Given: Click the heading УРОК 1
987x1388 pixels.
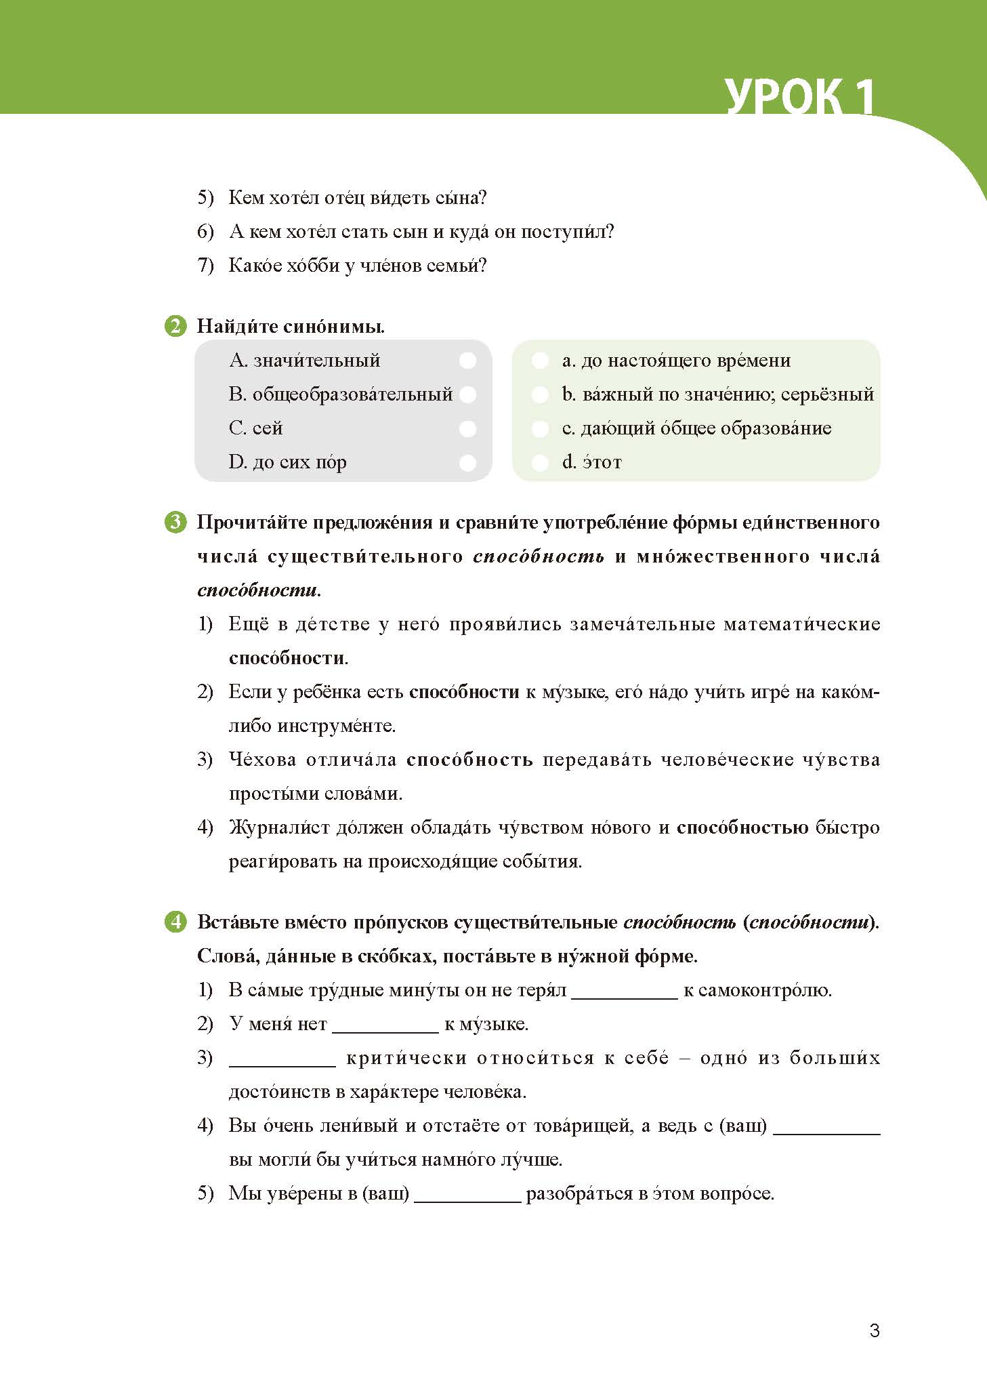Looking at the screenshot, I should (799, 97).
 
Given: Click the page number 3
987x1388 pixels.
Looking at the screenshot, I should (875, 1330).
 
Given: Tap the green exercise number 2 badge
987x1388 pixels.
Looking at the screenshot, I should (175, 326).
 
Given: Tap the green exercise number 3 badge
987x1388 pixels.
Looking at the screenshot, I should (175, 522).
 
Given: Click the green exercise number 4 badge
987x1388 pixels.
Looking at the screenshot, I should (175, 922).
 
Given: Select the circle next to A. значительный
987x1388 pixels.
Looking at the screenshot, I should (467, 361).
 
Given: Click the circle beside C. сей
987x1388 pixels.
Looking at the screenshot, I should (467, 428).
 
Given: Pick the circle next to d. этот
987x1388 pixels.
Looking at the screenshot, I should (540, 462).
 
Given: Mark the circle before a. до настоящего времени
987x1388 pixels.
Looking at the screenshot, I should (540, 361).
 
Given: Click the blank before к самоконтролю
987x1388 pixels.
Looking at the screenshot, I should (624, 992).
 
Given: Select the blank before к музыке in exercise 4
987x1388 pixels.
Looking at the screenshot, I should (385, 1025).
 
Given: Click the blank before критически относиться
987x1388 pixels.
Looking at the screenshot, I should (282, 1059).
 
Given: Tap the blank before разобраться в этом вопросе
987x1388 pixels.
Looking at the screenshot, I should (467, 1195).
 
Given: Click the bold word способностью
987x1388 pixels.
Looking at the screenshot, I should (742, 828).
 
